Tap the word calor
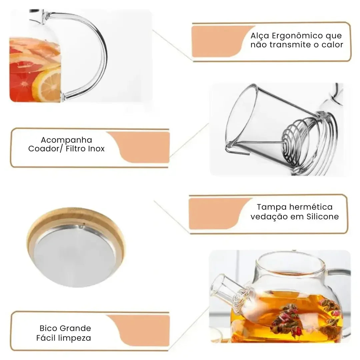click(x=332, y=45)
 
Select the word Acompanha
click(x=66, y=140)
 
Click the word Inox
click(x=96, y=149)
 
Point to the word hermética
click(x=311, y=207)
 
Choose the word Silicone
click(x=322, y=217)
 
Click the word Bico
click(x=48, y=328)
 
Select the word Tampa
click(x=272, y=207)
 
